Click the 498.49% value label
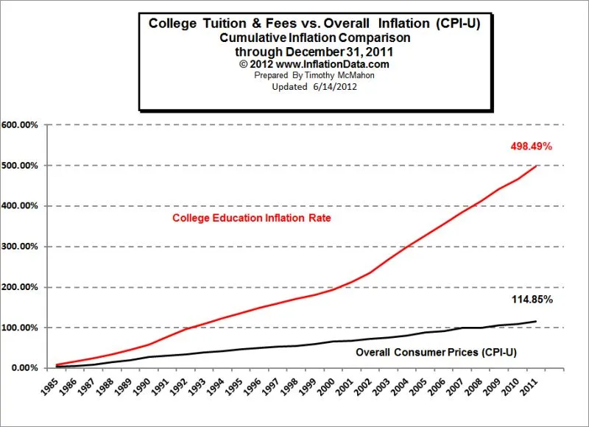tap(531, 147)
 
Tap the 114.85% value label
tap(532, 300)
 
